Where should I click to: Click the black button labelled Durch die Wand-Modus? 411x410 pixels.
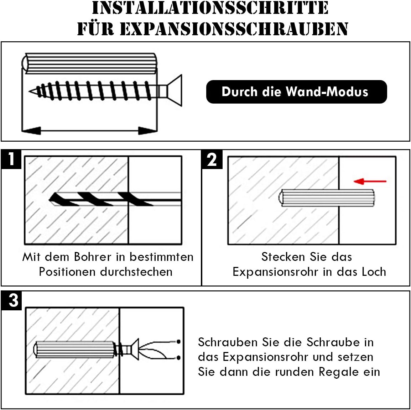click(x=296, y=92)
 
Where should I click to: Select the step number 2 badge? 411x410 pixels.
click(x=212, y=159)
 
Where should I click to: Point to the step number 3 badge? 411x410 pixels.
click(x=14, y=300)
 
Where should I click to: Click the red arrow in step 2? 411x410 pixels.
click(x=370, y=181)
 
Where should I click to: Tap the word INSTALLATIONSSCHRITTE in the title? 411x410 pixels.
click(x=210, y=8)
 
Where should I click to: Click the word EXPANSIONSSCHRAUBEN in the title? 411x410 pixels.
click(x=234, y=29)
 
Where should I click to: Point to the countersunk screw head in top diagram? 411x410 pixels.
click(x=175, y=90)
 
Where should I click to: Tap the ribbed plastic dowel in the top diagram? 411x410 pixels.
click(x=89, y=63)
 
